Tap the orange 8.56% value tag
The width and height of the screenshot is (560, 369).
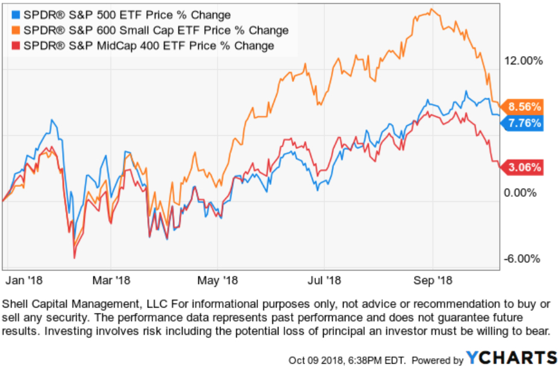[523, 107]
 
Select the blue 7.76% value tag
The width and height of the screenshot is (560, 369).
[523, 123]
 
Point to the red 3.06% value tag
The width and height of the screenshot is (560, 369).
[523, 168]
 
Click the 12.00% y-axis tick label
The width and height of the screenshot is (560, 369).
[522, 60]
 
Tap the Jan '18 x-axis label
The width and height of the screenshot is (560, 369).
[24, 280]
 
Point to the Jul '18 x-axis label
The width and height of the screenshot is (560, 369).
[326, 280]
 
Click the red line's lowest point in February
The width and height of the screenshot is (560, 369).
[74, 258]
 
